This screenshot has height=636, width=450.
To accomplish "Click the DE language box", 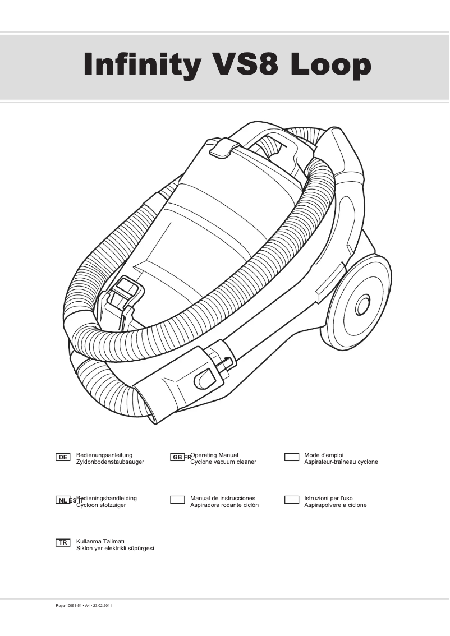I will (x=63, y=457).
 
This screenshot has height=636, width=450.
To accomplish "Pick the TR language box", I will (x=63, y=542).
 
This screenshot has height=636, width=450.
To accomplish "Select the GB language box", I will (x=177, y=457).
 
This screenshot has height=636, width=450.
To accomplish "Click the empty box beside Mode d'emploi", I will (x=291, y=457).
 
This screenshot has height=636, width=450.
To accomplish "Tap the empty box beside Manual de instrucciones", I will (x=177, y=500).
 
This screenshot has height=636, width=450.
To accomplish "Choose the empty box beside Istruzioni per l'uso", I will (x=291, y=500).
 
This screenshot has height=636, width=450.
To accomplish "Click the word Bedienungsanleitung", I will (x=104, y=455).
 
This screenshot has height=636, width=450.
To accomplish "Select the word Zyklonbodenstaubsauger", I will (x=110, y=462).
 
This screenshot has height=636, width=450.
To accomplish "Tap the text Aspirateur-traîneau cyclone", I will (x=341, y=462).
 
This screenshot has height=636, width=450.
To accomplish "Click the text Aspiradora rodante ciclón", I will (x=224, y=505).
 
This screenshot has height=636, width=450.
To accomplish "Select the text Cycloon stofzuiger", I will (x=101, y=505).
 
